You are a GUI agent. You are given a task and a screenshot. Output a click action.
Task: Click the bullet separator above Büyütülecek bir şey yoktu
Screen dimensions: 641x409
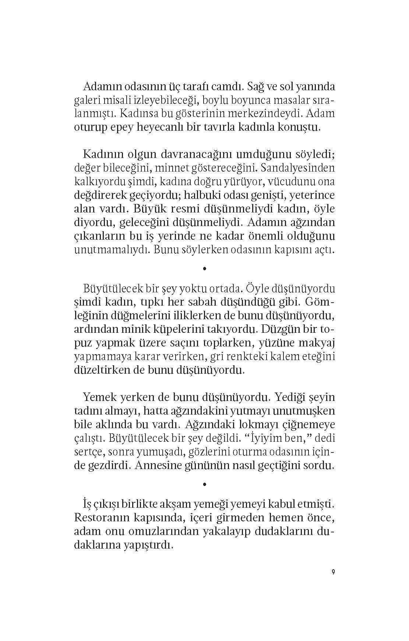(x=204, y=269)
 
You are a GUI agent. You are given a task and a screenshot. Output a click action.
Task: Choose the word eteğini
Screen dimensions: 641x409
(x=317, y=357)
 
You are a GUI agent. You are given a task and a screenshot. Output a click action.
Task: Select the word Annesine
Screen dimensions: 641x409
(x=159, y=465)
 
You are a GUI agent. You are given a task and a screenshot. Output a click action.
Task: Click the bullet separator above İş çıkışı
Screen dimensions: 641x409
(x=204, y=485)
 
